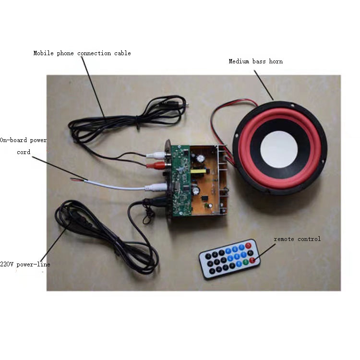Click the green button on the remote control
tap(246, 262)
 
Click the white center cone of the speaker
tap(279, 149)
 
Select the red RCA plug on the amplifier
tap(158, 165)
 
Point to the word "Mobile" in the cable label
tap(43, 53)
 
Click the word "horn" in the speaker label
tap(276, 61)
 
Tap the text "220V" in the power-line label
tap(7, 264)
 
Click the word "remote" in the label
tap(284, 239)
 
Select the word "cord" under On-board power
tap(24, 152)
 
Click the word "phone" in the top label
tap(65, 53)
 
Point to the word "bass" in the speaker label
tap(259, 61)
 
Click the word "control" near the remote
tap(309, 239)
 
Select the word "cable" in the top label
tap(122, 53)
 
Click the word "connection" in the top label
tap(94, 53)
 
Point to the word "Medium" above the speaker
tap(239, 61)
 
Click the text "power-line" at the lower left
tap(33, 264)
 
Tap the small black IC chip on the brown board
tap(204, 198)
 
